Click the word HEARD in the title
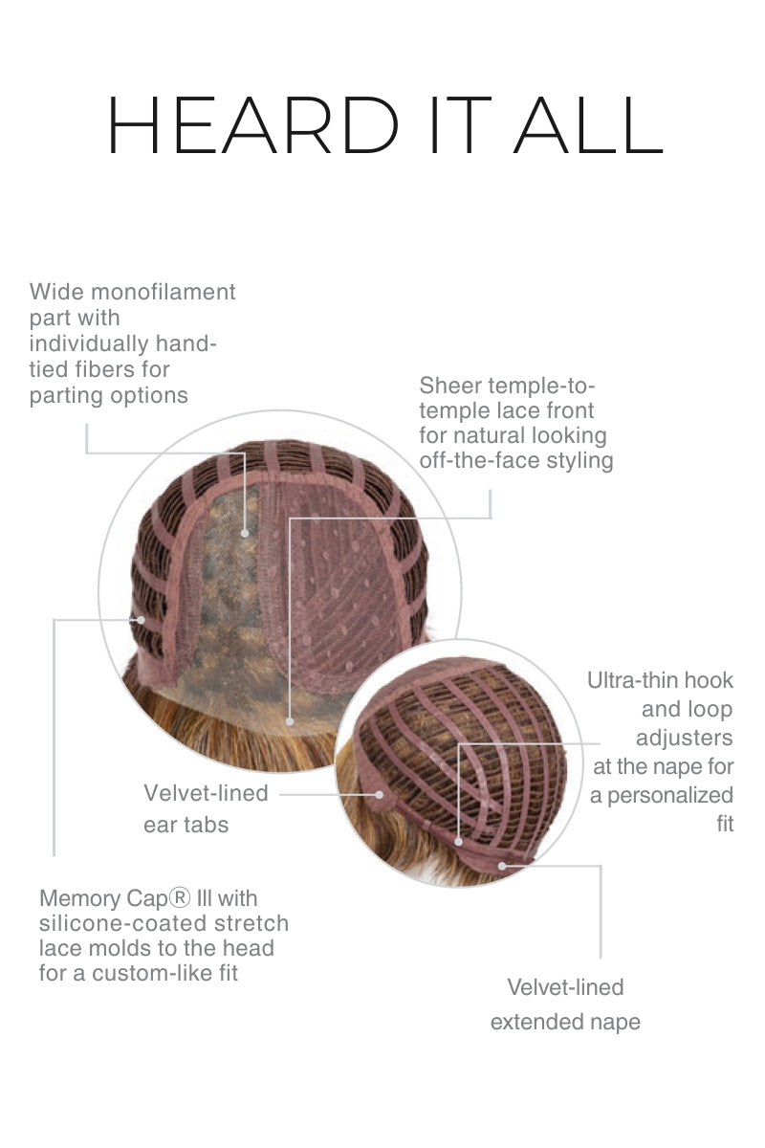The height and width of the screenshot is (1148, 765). (x=252, y=124)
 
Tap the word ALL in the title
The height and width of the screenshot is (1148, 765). (x=588, y=124)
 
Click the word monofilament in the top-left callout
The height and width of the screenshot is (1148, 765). (x=163, y=292)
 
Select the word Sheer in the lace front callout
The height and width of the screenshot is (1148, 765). (x=450, y=386)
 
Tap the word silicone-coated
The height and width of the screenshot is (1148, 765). (x=123, y=923)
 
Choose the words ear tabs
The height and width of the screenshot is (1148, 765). (x=186, y=825)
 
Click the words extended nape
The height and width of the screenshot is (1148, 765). (x=565, y=1022)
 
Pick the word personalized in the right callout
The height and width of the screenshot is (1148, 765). (x=670, y=795)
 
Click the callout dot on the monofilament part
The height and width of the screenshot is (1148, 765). (x=245, y=534)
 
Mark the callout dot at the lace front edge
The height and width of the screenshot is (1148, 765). (x=290, y=721)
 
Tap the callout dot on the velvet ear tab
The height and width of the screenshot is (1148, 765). (x=380, y=795)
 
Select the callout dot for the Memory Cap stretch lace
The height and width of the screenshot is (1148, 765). (x=141, y=620)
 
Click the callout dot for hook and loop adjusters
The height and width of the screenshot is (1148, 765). (x=459, y=842)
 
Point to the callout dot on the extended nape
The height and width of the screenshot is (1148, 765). (x=503, y=866)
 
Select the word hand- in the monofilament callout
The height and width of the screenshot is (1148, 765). (x=186, y=343)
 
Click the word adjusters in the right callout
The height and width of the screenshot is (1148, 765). (x=685, y=738)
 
